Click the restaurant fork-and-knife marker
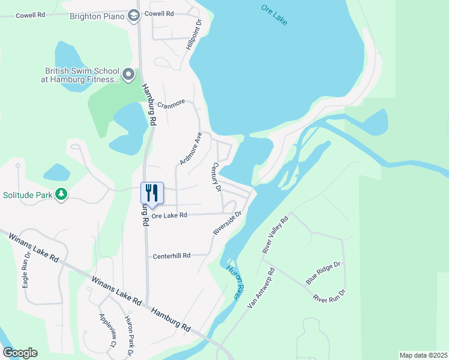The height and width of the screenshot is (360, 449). pos(152,193)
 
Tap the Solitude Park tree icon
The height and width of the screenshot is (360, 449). pos(61,194)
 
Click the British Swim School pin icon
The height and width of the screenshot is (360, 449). pos(128,74)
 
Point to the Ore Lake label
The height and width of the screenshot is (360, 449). pos(274,14)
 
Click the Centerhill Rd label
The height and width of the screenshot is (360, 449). pos(171,256)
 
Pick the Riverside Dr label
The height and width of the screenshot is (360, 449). pos(227,223)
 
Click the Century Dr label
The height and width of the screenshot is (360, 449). pos(217,177)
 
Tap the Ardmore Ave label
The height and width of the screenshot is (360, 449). pos(190,149)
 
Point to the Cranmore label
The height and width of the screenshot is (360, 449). pos(171,104)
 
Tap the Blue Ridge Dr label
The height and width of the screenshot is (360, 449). pos(323,272)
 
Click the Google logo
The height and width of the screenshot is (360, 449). pos(20,353)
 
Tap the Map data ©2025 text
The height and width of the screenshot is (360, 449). pos(423,355)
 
